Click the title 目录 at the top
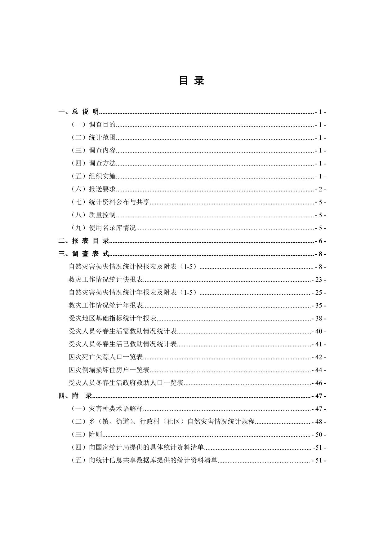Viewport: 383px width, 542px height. point(191,81)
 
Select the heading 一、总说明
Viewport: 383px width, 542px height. point(79,112)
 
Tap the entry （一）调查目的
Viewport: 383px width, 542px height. point(93,125)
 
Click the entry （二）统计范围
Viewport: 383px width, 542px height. point(93,138)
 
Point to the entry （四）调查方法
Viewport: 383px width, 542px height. point(93,163)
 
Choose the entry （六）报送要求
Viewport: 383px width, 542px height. point(93,189)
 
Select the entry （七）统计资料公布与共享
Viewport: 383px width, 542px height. point(110,202)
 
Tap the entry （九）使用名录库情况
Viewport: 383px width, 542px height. point(104,228)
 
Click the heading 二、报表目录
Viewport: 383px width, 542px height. point(84,241)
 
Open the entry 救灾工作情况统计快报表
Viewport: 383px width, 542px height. point(106,280)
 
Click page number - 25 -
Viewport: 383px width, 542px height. point(319,293)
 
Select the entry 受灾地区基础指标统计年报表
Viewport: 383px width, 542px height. point(113,318)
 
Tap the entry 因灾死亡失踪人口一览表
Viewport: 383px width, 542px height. point(106,357)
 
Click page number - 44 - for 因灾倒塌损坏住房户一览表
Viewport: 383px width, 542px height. point(319,370)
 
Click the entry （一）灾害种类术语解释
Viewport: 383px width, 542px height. point(107,409)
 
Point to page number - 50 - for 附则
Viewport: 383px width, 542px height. point(319,435)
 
